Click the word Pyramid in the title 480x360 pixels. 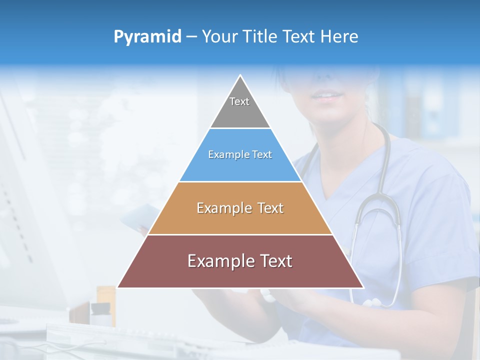click(x=147, y=37)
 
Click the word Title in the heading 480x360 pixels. click(x=258, y=36)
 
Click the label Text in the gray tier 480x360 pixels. click(x=239, y=101)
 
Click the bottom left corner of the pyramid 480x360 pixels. click(x=118, y=287)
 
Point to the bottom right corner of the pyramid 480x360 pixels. click(x=363, y=287)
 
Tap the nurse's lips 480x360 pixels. click(x=327, y=95)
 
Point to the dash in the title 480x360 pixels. click(x=191, y=37)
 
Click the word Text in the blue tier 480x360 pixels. click(x=262, y=154)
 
